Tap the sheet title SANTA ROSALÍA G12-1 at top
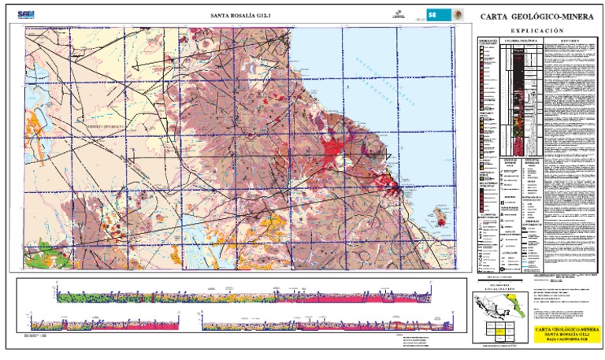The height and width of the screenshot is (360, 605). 236,15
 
